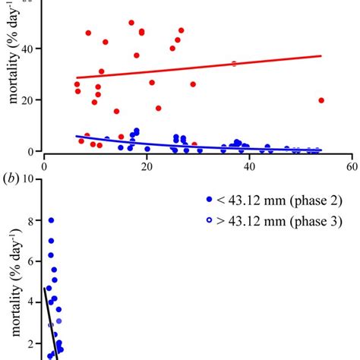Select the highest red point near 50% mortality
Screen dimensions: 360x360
[x=131, y=23]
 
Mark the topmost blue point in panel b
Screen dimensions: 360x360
[x=51, y=220]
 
